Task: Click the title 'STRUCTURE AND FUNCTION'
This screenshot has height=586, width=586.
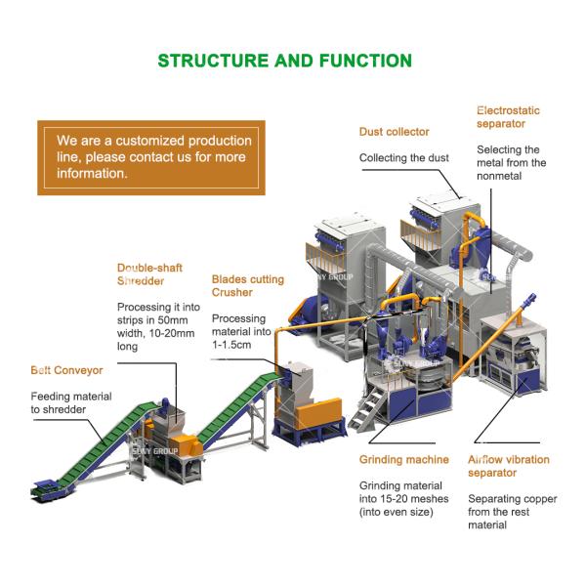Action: [285, 61]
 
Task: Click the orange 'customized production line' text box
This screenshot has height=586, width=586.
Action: [150, 157]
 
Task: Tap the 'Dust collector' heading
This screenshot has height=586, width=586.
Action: [394, 132]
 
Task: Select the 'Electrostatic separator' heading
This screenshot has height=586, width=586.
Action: [508, 117]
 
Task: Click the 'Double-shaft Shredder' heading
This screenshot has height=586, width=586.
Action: [149, 274]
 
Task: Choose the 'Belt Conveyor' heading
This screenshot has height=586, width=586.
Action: [66, 370]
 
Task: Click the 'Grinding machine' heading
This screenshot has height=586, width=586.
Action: [403, 459]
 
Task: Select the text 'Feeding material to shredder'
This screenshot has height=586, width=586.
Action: [70, 402]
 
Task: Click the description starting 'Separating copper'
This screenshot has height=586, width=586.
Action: [518, 512]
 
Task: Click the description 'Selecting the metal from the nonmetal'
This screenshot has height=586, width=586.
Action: [511, 163]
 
